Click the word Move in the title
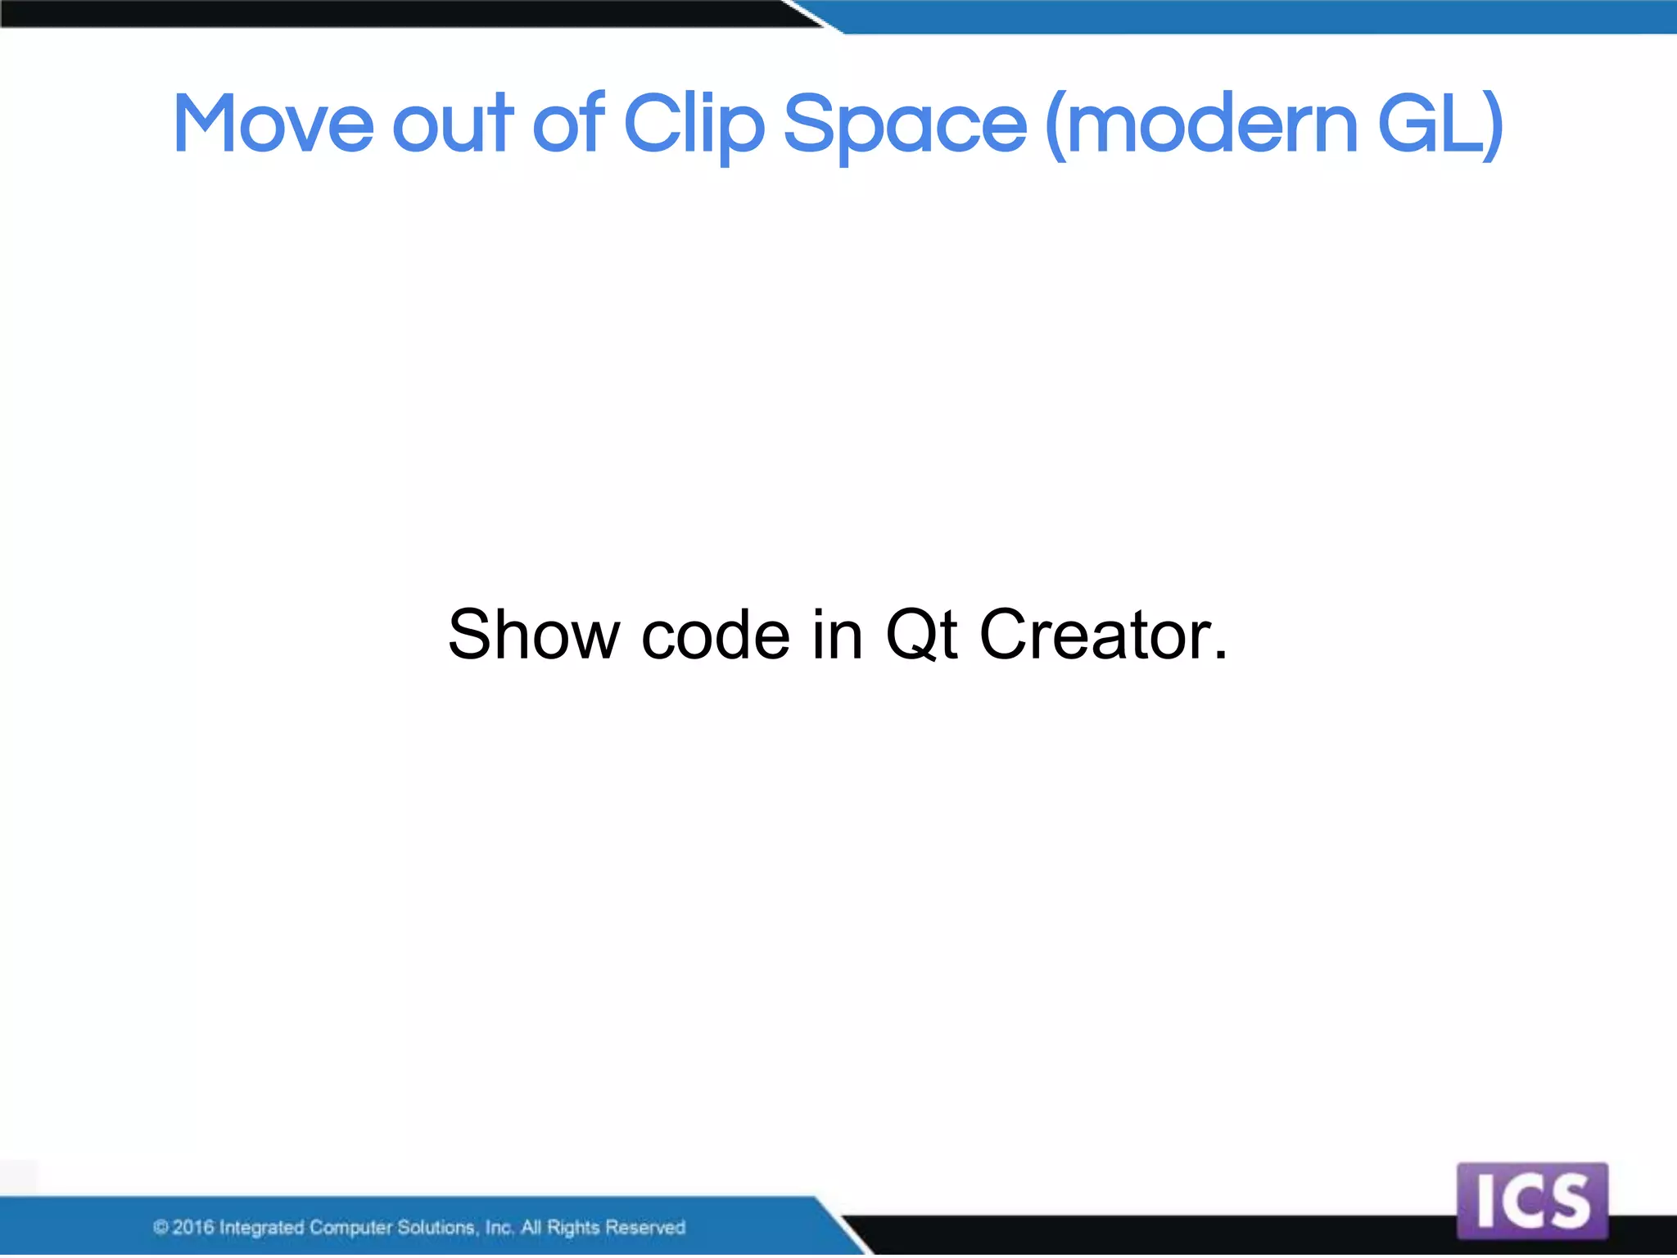click(x=273, y=124)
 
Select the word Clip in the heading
click(x=694, y=124)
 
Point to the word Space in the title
click(x=905, y=124)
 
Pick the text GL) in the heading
click(x=1440, y=124)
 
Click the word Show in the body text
click(x=534, y=635)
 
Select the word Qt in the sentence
click(x=921, y=635)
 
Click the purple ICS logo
click(x=1532, y=1201)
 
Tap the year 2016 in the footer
click(x=193, y=1227)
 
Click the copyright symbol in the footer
click(x=161, y=1227)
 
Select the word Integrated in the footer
click(x=261, y=1227)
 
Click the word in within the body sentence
click(x=837, y=635)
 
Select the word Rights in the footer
click(x=573, y=1227)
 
